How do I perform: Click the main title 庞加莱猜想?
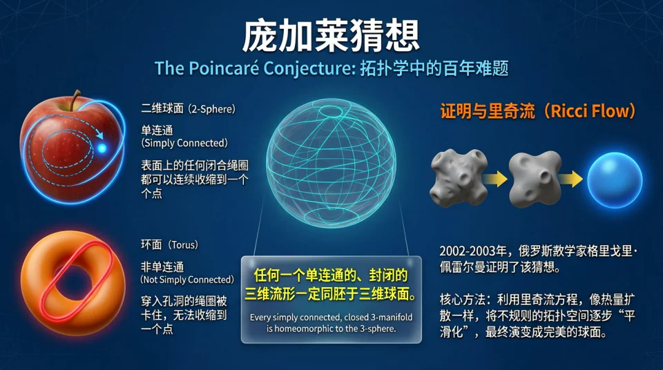pos(331,36)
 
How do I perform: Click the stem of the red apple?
pos(73,100)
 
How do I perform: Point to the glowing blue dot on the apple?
pos(102,148)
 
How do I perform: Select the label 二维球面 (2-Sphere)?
pos(188,108)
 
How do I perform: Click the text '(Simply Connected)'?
pos(184,143)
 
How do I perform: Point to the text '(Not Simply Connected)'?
pos(187,280)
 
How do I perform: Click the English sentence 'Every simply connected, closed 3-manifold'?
pos(331,318)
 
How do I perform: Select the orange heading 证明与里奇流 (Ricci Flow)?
pos(538,112)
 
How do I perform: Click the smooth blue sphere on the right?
pos(614,179)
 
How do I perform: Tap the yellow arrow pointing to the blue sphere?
pos(571,179)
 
